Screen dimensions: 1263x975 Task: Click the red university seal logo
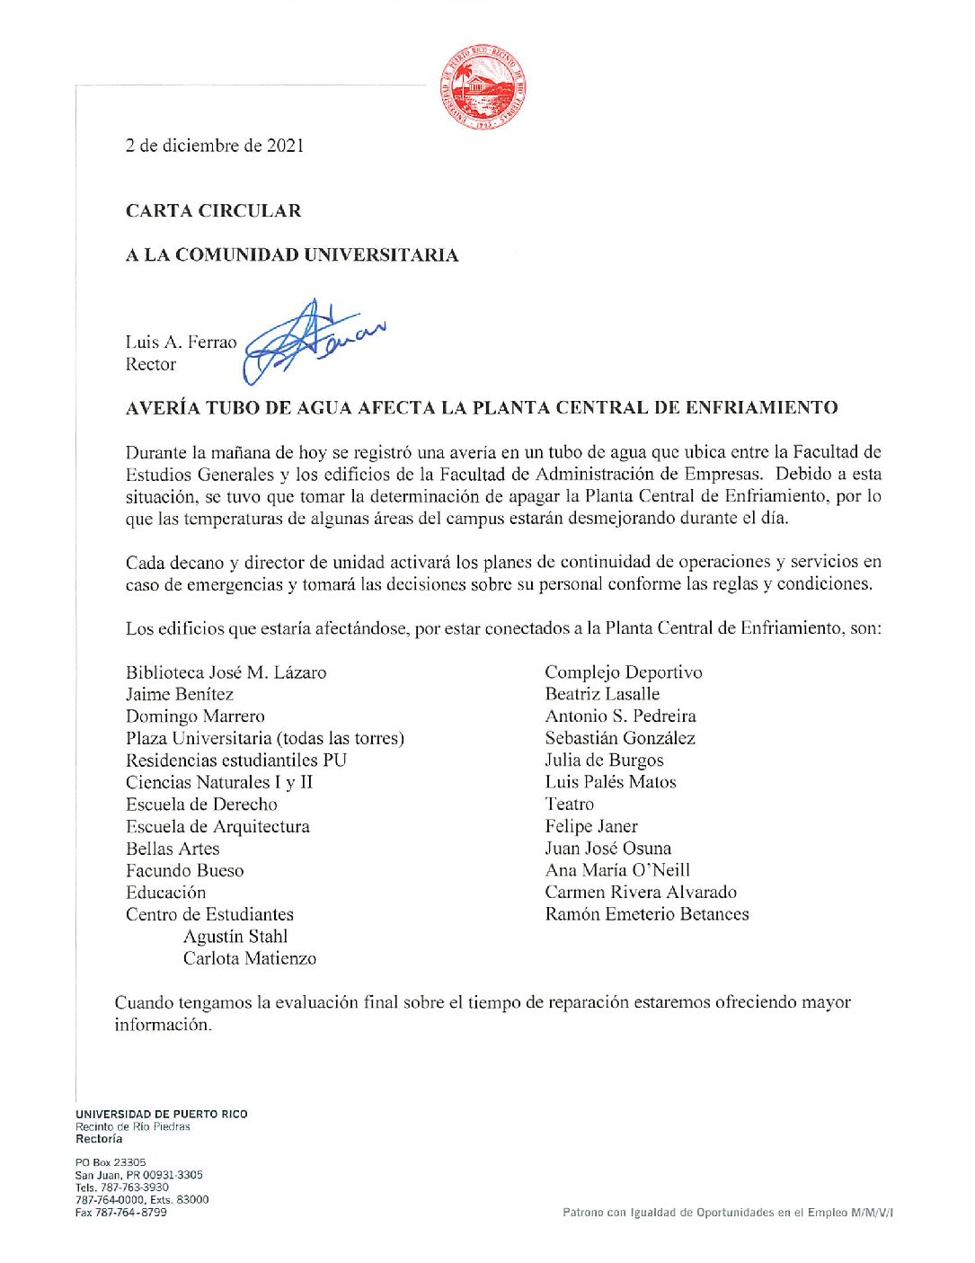483,89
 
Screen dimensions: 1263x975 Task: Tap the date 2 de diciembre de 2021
215,146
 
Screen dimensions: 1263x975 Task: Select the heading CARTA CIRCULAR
214,211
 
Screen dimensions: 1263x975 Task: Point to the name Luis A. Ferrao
181,342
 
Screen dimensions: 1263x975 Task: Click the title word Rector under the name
151,365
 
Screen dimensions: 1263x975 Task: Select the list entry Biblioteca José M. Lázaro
226,672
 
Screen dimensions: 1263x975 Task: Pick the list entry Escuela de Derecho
201,805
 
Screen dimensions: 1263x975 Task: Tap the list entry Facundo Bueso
184,870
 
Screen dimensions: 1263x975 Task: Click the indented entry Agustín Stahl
235,937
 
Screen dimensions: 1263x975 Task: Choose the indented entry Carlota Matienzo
250,958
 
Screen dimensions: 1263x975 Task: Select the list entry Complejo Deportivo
624,672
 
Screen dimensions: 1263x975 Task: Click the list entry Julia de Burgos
604,760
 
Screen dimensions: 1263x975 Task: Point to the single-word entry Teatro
570,805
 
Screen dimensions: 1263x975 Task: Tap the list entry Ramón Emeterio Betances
647,914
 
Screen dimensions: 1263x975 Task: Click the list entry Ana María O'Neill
617,870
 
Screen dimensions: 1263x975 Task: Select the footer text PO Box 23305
111,1162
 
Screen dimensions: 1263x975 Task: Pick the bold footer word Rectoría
99,1139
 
